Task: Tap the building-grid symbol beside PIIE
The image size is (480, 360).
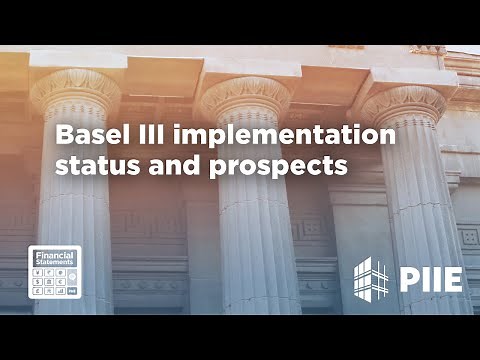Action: (372, 277)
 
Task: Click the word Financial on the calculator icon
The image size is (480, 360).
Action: (54, 254)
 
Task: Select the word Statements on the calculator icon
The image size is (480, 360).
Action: (54, 262)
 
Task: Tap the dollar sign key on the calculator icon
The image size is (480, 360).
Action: (38, 282)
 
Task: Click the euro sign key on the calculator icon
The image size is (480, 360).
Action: (61, 282)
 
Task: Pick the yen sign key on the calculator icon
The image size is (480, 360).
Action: (38, 272)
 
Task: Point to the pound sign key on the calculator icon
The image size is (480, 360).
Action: (38, 291)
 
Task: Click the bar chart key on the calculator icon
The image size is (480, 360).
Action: (61, 291)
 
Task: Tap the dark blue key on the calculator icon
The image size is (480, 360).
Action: (72, 291)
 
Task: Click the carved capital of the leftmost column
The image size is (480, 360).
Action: (75, 90)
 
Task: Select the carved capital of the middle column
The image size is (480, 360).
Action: (245, 95)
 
